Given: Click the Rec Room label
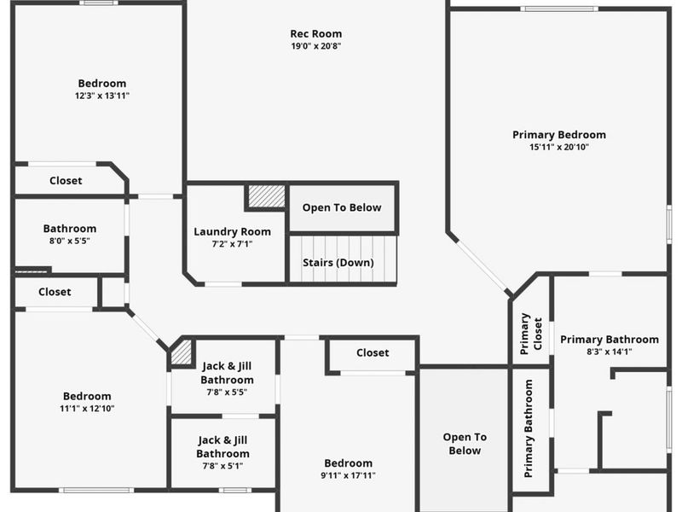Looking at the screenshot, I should pos(315,34).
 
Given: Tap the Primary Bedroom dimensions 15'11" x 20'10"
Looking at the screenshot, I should pos(558,147).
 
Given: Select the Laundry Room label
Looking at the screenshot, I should pos(232,231).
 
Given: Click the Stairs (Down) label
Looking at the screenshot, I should pos(338,262).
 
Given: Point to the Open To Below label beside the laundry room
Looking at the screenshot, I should pos(342,207).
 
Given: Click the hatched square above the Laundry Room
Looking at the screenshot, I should pos(266,197).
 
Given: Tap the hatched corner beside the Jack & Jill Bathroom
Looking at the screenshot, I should pos(182,353).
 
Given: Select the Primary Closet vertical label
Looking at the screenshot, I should pos(525,334).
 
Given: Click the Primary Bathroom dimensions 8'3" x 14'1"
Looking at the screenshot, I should pos(609,352).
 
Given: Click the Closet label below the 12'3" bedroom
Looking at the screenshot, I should pos(66,181).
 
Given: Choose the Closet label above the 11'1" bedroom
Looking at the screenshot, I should pos(55,292).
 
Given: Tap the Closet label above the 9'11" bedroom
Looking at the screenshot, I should pos(373,352).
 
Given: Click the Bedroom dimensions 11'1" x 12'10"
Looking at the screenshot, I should pos(87,408).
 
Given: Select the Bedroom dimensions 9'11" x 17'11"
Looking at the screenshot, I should pos(348,475).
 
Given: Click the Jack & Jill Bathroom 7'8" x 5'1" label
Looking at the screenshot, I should pos(223,447).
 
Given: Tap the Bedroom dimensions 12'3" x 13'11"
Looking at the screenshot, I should pos(101,96).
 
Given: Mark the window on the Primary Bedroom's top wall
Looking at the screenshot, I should pos(558,9).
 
